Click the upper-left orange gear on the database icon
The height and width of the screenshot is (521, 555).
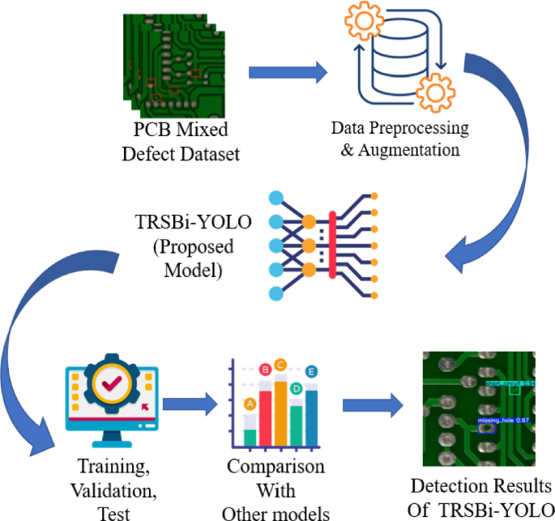point(361,23)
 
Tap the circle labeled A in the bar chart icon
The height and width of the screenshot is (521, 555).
point(250,403)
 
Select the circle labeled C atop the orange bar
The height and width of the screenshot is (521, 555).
point(281,365)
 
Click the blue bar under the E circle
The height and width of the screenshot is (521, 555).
point(311,417)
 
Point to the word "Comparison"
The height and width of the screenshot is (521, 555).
point(275,468)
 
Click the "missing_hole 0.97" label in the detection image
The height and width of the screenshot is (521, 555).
point(503,421)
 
